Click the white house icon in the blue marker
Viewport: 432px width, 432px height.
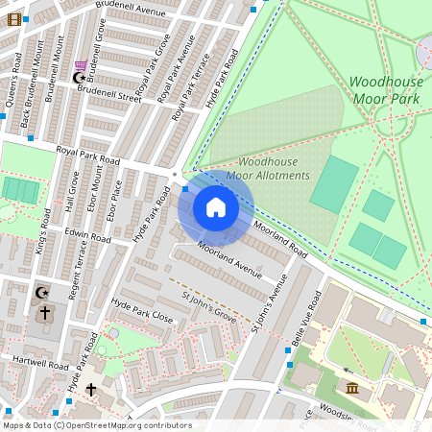coord(216,207)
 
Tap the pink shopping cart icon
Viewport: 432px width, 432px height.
coord(82,65)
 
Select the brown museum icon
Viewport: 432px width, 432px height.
coord(352,388)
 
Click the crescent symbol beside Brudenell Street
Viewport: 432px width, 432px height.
coord(80,77)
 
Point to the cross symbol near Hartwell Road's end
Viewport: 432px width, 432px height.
coord(91,389)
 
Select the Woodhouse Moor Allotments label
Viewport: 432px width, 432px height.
coord(274,169)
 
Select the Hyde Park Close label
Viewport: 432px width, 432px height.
coord(141,309)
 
